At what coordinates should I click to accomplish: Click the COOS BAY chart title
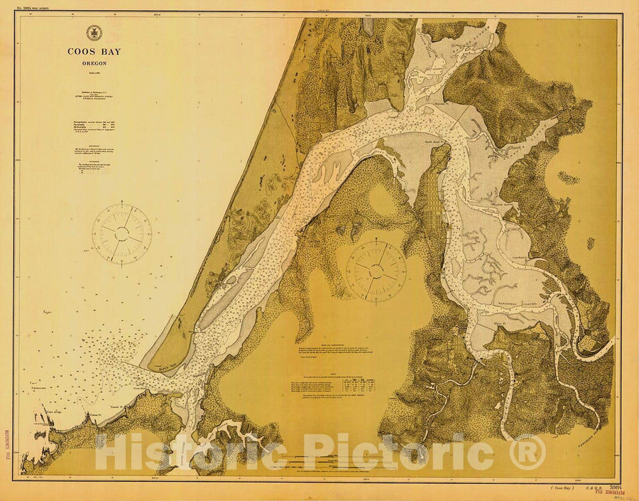click(x=93, y=51)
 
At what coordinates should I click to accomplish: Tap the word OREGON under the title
click(x=93, y=62)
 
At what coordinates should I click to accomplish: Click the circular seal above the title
click(x=93, y=33)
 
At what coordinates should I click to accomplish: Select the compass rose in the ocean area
click(x=121, y=232)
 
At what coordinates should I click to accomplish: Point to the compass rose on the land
click(x=376, y=269)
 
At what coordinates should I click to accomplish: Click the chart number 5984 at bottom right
click(x=608, y=486)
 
